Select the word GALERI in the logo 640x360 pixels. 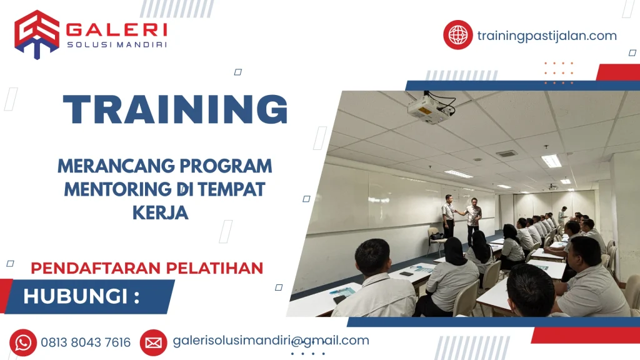coord(117,29)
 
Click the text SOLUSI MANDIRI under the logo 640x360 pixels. coord(117,45)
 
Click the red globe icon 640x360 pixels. coord(458,34)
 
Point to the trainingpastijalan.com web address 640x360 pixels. coord(547,36)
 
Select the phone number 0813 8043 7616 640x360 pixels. coord(86,342)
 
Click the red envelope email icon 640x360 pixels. coord(153,342)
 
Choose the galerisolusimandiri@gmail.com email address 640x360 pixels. coord(271,341)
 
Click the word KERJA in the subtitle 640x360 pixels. coord(161,212)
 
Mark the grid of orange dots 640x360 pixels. coord(558,72)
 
